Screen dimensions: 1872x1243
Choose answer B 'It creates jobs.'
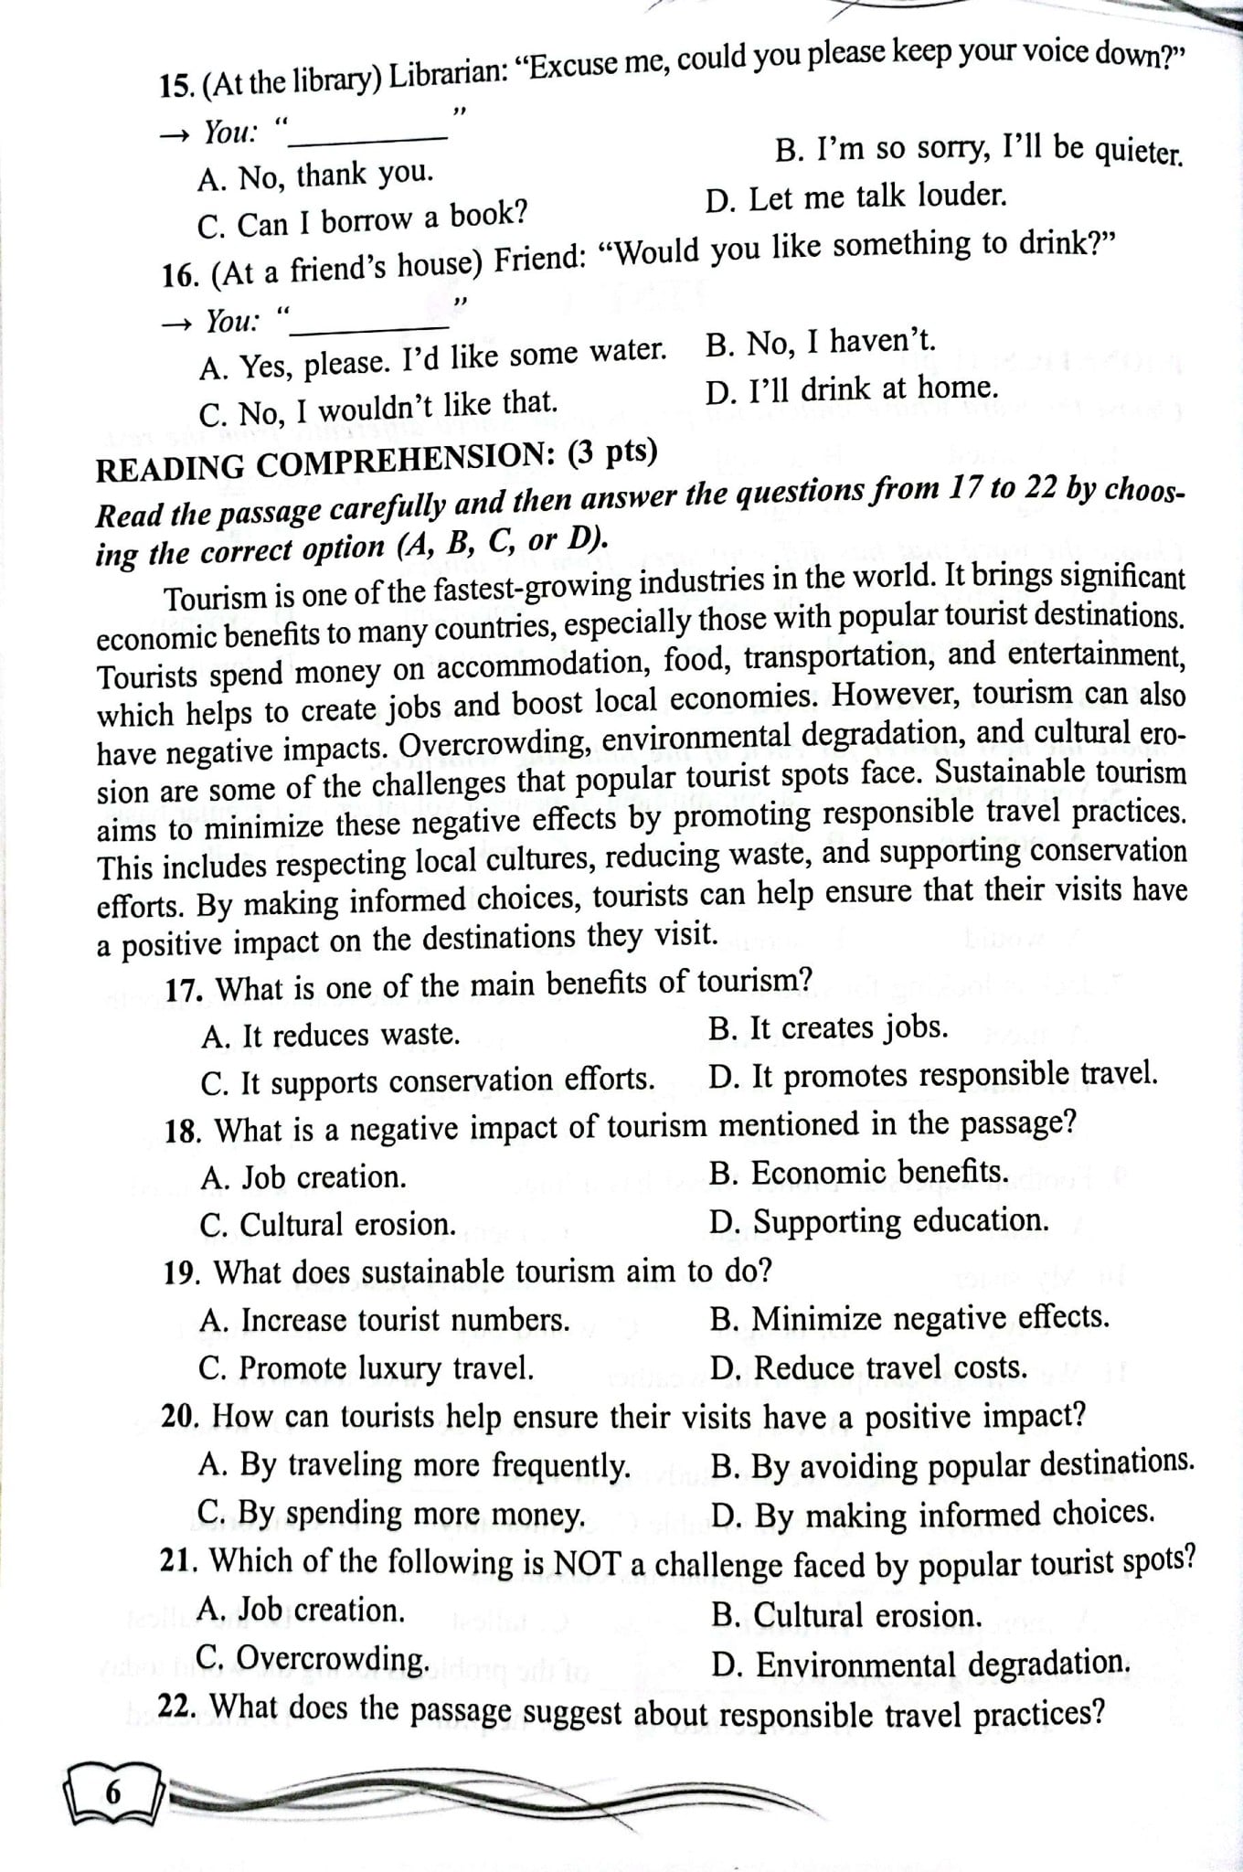coord(828,1028)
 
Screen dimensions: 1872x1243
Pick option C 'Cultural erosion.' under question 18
coord(328,1225)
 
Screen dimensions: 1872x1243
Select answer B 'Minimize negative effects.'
coord(909,1318)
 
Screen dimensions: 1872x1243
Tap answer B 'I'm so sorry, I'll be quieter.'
coord(978,149)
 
